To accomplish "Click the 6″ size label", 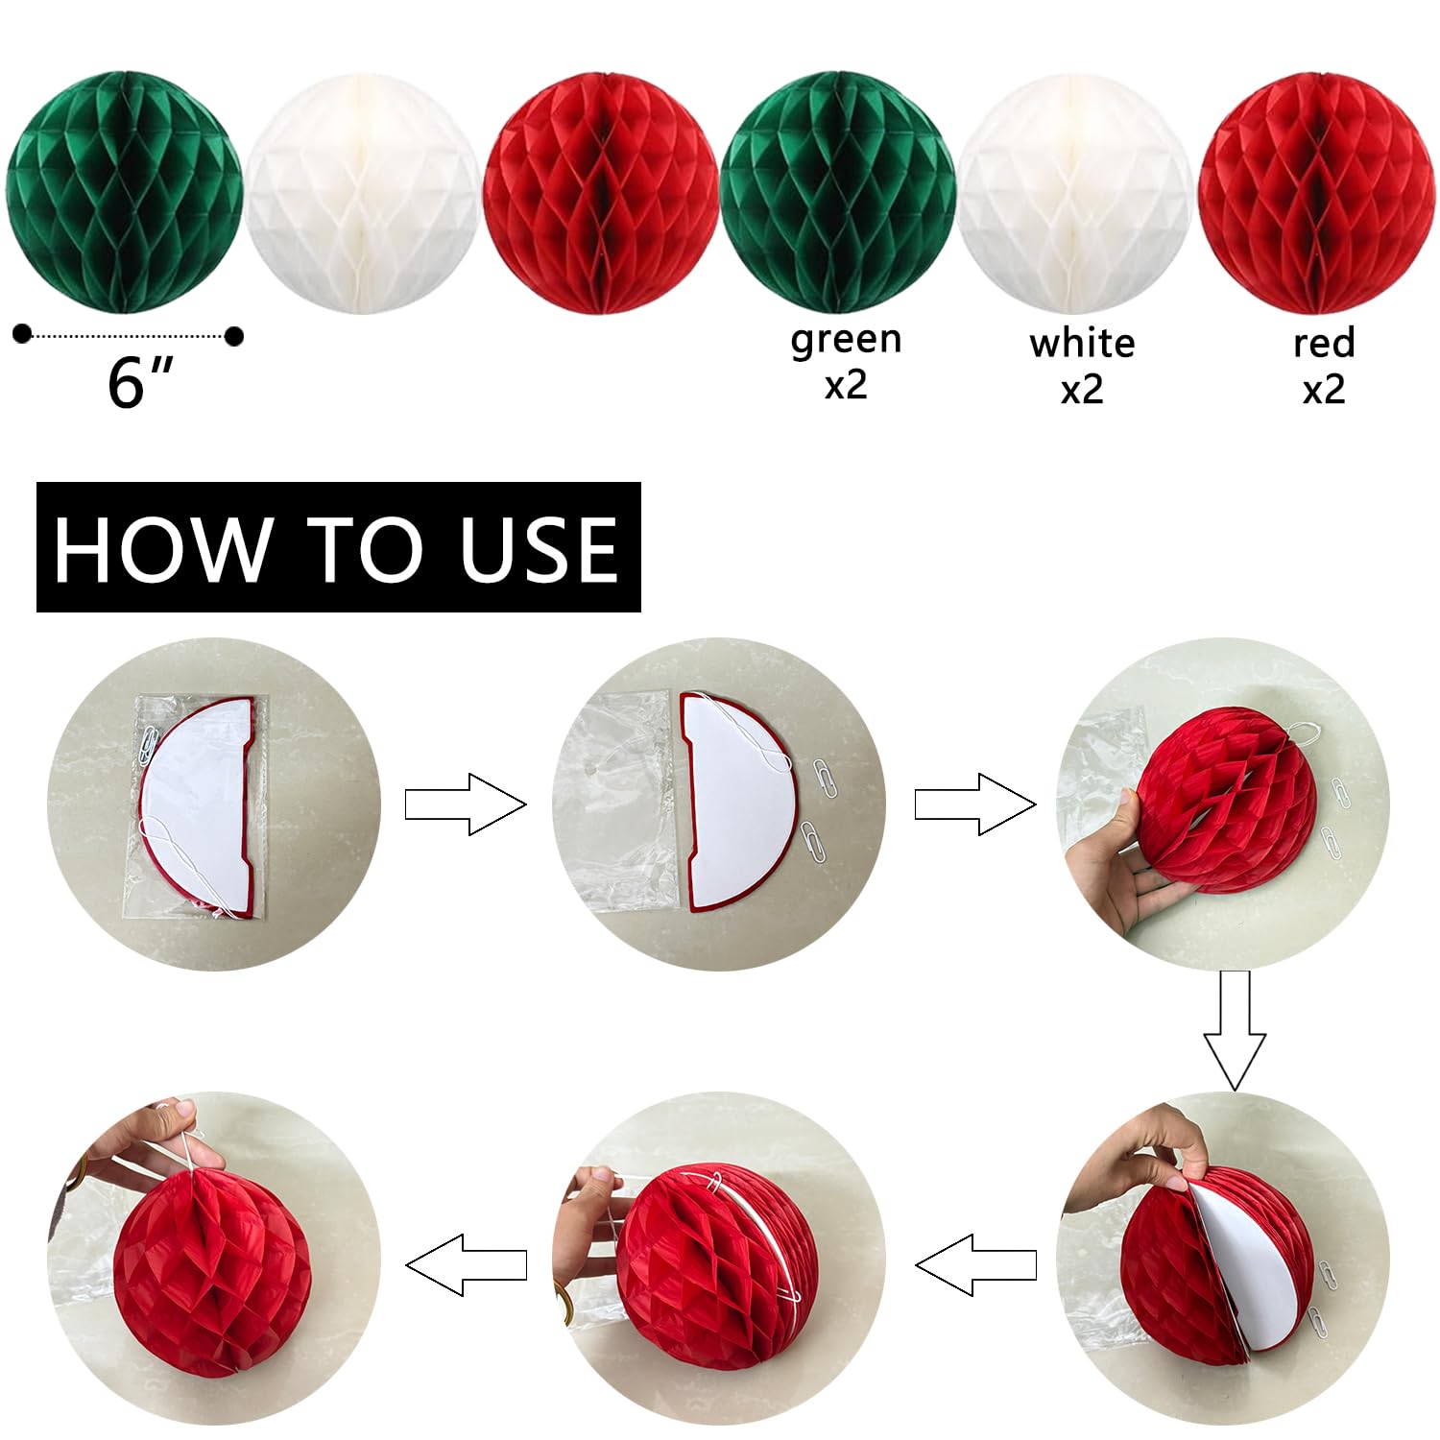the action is tap(140, 382).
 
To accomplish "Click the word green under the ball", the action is tap(846, 341).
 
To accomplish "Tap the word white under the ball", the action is tap(1082, 343).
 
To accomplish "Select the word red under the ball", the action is tap(1324, 343).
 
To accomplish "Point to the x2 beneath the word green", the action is tap(846, 385).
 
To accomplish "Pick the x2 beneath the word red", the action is tap(1324, 390).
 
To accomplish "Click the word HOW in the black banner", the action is tap(161, 548).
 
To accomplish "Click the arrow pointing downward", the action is tap(1236, 1030).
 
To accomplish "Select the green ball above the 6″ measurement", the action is tap(124, 193).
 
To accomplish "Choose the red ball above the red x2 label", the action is tap(1317, 194).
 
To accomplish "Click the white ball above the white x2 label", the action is tap(1076, 195).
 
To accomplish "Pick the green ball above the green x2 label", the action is tap(838, 194).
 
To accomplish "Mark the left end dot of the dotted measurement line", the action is tap(22, 334).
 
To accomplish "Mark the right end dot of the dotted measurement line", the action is tap(233, 336).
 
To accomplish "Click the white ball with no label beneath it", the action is tap(362, 195).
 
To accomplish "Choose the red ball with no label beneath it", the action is tap(601, 194).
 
